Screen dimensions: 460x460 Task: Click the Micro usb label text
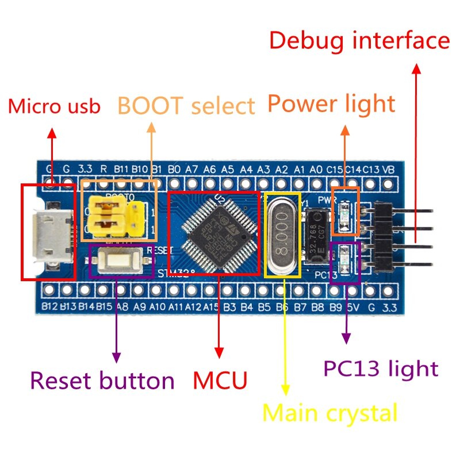(x=54, y=106)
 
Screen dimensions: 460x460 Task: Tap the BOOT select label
(x=186, y=106)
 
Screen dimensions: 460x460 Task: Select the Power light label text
(x=331, y=104)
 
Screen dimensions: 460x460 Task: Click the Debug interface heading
(x=359, y=41)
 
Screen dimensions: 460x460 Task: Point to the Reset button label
(x=102, y=381)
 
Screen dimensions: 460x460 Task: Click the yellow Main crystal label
(x=329, y=413)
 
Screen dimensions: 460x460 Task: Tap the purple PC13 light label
(x=380, y=368)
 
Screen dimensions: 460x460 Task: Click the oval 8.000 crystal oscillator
(x=282, y=236)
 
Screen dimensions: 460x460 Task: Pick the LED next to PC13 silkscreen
(x=346, y=260)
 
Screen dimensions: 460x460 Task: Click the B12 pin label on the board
(x=50, y=306)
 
